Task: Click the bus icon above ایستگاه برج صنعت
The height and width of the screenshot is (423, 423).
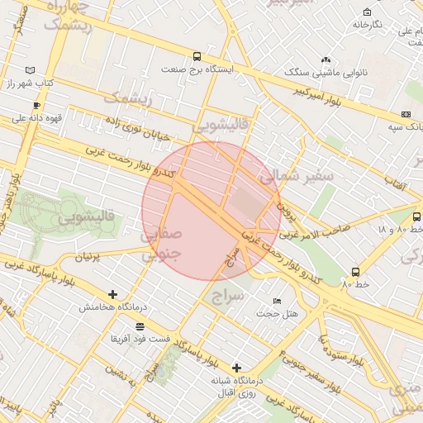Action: coord(197,56)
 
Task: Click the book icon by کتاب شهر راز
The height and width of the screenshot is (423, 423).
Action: coord(31,70)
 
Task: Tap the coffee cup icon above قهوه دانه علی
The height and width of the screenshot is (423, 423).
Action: coord(36,105)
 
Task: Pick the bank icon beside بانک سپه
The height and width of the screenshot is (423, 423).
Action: coord(406,114)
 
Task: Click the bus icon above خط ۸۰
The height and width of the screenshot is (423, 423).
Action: coord(355,271)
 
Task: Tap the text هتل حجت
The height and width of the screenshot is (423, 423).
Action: coord(276,313)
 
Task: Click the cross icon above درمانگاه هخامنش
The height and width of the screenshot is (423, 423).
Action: coord(113,294)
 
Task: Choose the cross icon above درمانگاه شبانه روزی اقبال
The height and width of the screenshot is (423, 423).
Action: coord(237,367)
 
